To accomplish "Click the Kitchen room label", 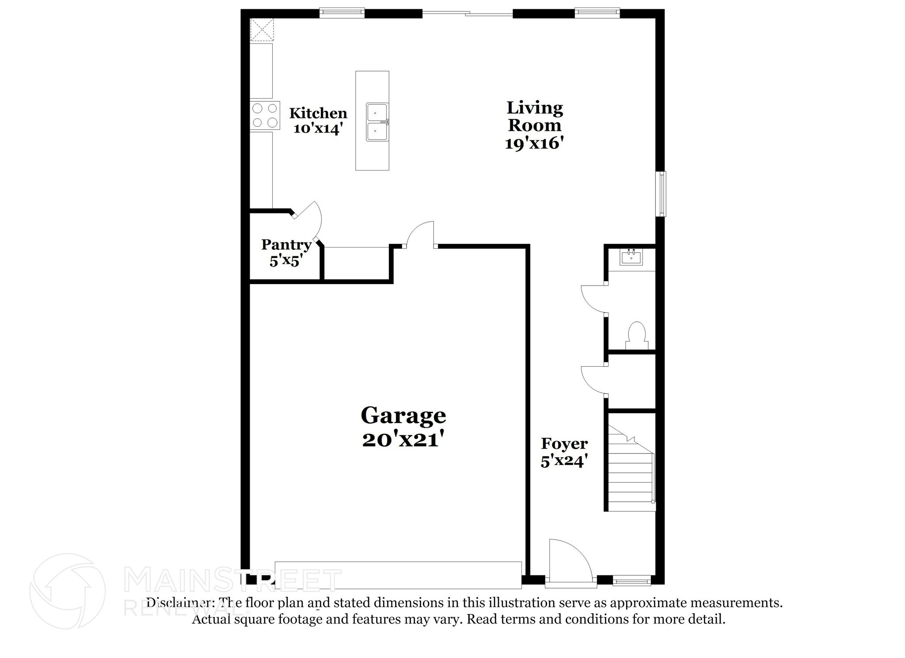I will pos(318,113).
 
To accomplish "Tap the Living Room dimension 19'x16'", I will pos(534,143).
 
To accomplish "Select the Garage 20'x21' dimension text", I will pos(403,440).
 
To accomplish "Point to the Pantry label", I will pos(286,244).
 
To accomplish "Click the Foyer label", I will pos(564,443).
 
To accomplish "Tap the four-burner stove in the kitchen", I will pos(265,116).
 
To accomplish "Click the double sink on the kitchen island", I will pos(377,122).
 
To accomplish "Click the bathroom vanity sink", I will pos(631,257).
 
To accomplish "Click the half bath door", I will pos(593,300).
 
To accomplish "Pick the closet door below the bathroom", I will pos(594,380).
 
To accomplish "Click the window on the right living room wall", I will pos(661,194).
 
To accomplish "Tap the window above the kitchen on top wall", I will pos(342,13).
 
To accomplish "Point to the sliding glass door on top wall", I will pos(468,14).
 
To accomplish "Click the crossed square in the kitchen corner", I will pos(262,30).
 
